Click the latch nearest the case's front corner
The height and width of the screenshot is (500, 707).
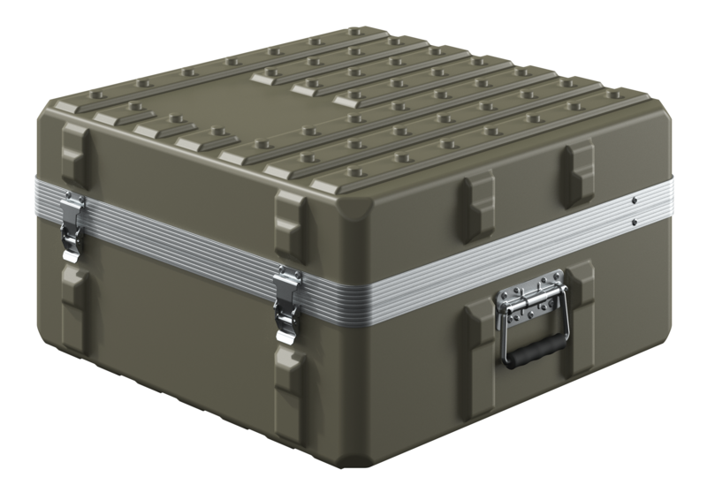287,305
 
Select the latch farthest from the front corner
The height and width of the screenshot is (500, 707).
72,227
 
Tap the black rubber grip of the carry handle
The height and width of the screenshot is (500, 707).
536,350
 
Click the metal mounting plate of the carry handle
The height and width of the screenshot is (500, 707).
528,296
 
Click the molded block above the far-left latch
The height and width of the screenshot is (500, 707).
75,155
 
